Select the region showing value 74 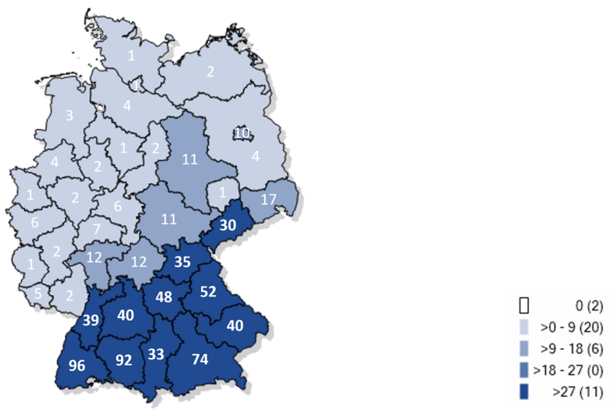click(201, 359)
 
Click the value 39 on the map click(91, 320)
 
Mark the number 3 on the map click(69, 116)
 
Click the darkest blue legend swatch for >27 click(526, 393)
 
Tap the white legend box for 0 click(526, 305)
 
